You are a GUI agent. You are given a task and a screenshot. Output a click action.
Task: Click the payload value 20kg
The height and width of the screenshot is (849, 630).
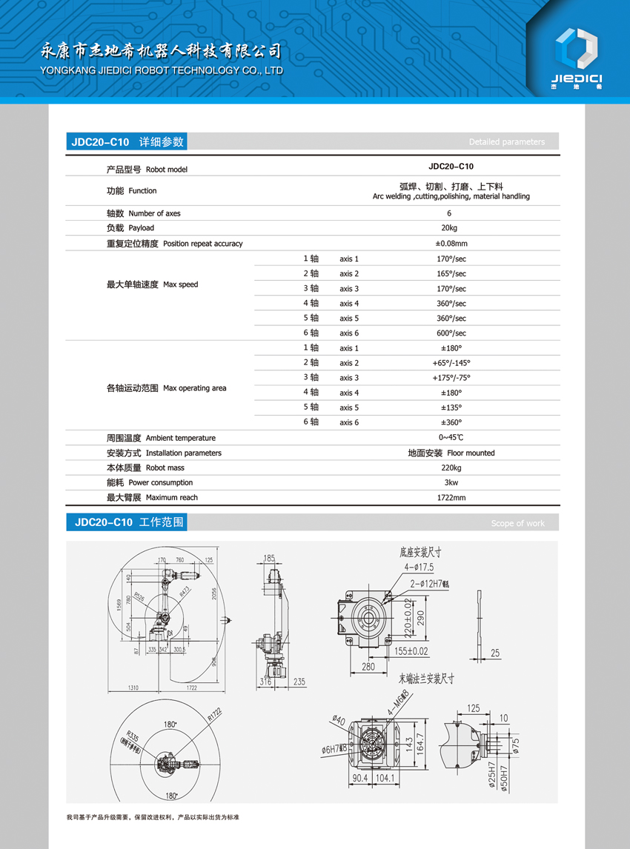(449, 228)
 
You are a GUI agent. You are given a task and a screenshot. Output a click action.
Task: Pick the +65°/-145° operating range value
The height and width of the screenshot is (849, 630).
(451, 363)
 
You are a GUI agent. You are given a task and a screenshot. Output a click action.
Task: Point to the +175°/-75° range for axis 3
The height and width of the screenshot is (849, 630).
(451, 378)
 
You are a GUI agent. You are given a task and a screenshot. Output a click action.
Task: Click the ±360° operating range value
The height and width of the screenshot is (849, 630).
(451, 422)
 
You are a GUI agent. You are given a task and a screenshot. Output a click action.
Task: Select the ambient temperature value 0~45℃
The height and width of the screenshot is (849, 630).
(451, 438)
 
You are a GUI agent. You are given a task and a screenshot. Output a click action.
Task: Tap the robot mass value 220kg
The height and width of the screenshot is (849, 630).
(451, 467)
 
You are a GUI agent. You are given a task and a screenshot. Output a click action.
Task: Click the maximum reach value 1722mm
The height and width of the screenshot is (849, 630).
(451, 498)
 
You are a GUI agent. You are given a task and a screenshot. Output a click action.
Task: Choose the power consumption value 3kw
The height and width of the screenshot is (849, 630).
(451, 483)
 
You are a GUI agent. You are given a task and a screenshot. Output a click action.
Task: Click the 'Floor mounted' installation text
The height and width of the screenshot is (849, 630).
(471, 453)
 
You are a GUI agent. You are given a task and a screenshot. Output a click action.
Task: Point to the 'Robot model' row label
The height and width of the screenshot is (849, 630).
(167, 170)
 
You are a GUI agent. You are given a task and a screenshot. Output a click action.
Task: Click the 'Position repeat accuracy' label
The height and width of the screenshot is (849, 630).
(202, 244)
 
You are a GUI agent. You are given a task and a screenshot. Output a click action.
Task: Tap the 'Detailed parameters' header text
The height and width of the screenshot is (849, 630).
(506, 142)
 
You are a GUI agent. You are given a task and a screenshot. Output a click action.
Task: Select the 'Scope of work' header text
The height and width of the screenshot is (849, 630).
(517, 524)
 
